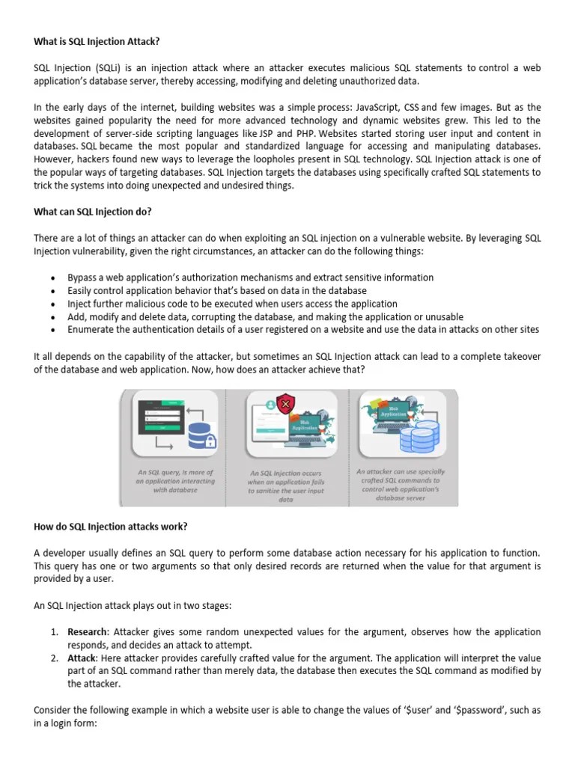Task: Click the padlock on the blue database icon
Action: click(211, 441)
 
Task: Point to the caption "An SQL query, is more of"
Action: click(175, 473)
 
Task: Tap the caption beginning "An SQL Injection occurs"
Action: click(285, 474)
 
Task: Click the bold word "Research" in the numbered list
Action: click(88, 632)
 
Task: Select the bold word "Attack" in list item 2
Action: click(82, 658)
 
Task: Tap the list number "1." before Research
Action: click(55, 632)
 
